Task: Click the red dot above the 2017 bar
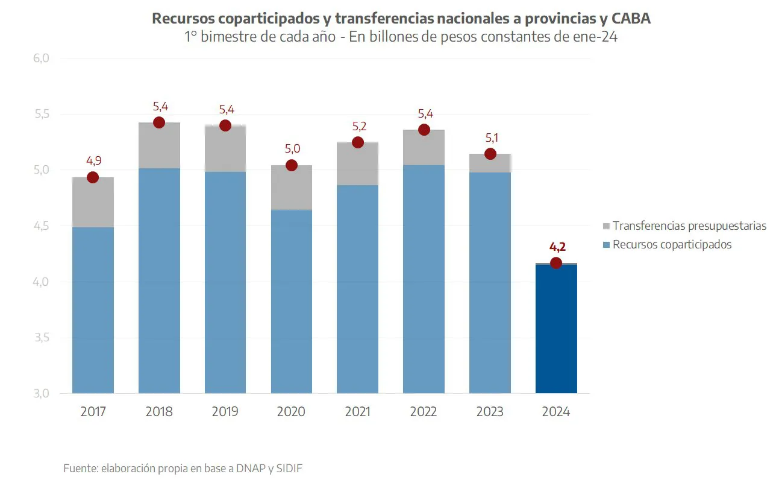click(93, 177)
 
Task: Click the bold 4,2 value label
click(557, 247)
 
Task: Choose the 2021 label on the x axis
click(357, 412)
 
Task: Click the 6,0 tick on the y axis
click(40, 58)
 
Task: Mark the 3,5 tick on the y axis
click(40, 338)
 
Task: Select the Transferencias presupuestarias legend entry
click(689, 226)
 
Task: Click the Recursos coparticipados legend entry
click(672, 244)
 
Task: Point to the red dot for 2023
click(490, 154)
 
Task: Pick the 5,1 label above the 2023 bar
click(491, 137)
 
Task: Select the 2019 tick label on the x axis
click(225, 412)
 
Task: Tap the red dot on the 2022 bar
click(424, 130)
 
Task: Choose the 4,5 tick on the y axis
click(40, 226)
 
